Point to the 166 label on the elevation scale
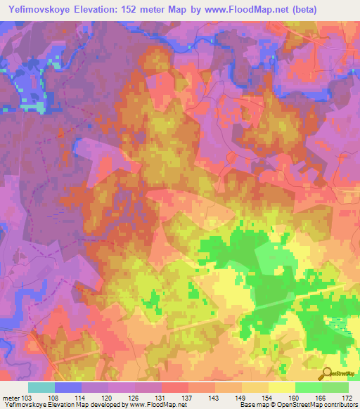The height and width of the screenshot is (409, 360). coord(320,397)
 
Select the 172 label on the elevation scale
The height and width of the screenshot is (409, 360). coord(346,397)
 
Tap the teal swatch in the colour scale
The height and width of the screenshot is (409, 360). coord(41,387)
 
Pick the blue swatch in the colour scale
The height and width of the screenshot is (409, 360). coord(68,387)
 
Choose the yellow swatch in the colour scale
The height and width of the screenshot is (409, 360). coord(282,387)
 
